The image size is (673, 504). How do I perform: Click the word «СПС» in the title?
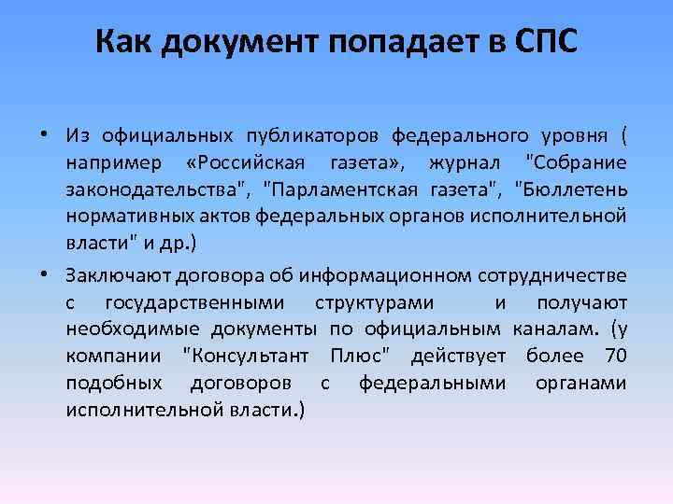[546, 42]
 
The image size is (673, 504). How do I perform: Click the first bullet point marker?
[44, 133]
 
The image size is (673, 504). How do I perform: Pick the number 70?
[615, 357]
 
